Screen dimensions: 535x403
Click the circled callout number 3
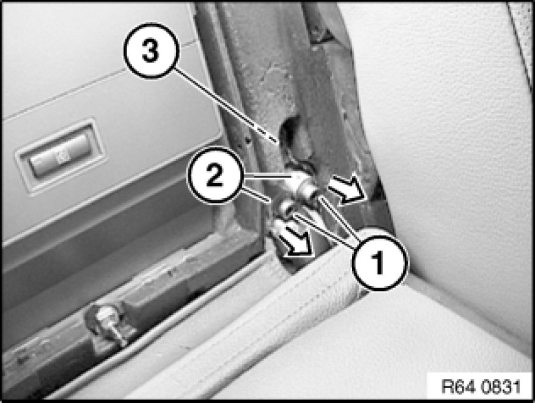151,51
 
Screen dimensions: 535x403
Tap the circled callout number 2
215,176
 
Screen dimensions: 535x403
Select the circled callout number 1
378,262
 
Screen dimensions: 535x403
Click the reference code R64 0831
481,386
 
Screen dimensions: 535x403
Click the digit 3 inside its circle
150,51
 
